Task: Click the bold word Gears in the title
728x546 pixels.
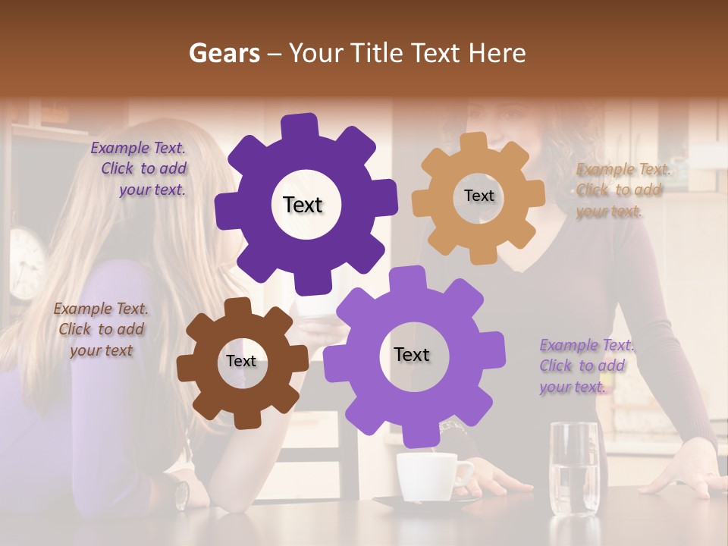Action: [224, 53]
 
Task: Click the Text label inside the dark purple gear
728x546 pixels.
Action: [303, 205]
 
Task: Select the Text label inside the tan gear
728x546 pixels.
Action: [479, 196]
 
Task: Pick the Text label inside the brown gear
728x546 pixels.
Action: [241, 361]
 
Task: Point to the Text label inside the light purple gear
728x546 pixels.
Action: [412, 354]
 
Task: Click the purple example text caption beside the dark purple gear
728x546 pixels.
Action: [139, 169]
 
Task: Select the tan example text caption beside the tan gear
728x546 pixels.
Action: [623, 190]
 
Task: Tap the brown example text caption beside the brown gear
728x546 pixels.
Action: [101, 329]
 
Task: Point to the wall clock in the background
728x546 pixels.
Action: [26, 262]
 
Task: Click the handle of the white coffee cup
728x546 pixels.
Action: [463, 475]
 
